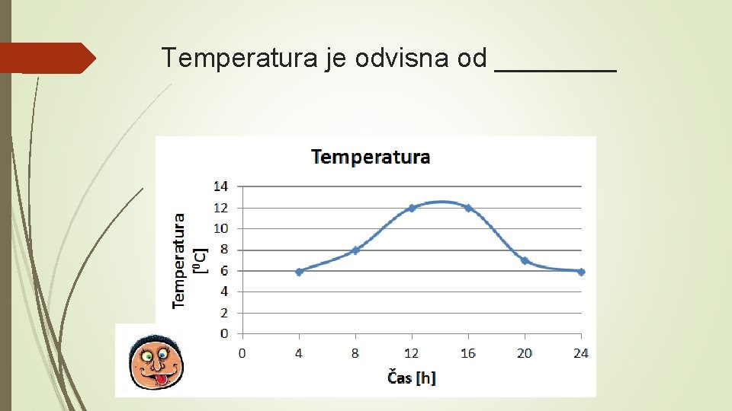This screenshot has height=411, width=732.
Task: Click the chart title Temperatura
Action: point(371,158)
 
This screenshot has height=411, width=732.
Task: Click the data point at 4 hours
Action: point(299,272)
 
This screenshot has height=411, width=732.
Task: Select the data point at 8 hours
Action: point(355,250)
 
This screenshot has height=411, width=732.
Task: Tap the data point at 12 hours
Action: point(412,208)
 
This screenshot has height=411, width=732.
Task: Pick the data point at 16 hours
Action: point(468,208)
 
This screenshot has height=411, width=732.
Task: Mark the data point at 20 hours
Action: point(525,261)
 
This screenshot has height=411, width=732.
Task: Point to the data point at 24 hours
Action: point(581,272)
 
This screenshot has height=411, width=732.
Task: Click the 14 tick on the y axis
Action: point(220,186)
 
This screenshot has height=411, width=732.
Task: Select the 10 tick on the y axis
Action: point(220,228)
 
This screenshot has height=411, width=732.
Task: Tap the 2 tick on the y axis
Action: point(223,313)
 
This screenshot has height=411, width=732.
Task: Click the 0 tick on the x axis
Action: point(242,353)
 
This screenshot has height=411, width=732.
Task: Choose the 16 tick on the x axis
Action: point(468,353)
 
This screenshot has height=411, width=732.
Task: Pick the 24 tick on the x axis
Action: point(580,353)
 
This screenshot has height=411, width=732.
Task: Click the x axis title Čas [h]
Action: point(412,377)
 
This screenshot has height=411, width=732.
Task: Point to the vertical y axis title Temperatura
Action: point(179,260)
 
